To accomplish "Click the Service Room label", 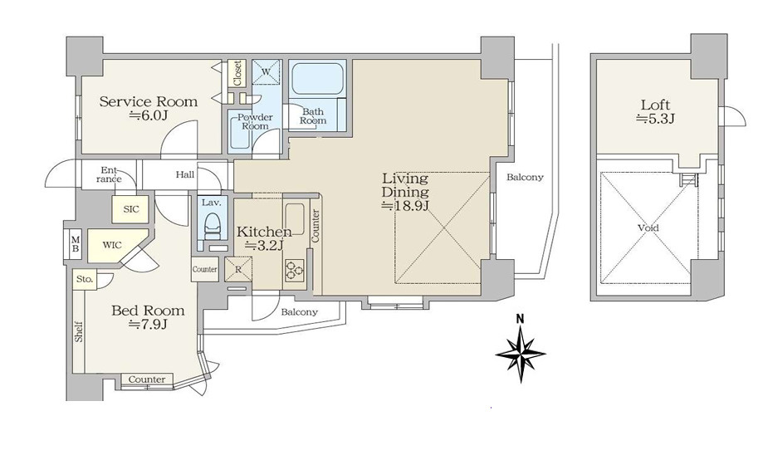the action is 149,101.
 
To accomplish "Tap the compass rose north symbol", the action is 520,350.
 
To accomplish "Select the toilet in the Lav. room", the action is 212,225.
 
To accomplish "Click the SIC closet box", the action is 131,209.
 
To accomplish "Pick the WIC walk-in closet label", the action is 112,245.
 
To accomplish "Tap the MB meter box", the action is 76,243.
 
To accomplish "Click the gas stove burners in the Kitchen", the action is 294,270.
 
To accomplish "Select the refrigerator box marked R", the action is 238,269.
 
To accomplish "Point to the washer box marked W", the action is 267,72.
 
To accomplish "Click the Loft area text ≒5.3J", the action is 655,118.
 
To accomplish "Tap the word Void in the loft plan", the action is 648,228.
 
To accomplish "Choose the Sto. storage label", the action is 84,279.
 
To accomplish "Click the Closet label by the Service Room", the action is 237,73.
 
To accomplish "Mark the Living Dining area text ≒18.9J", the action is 405,206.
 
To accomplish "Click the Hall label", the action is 185,174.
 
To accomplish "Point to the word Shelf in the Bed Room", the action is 79,331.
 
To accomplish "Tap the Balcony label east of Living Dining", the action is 525,178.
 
